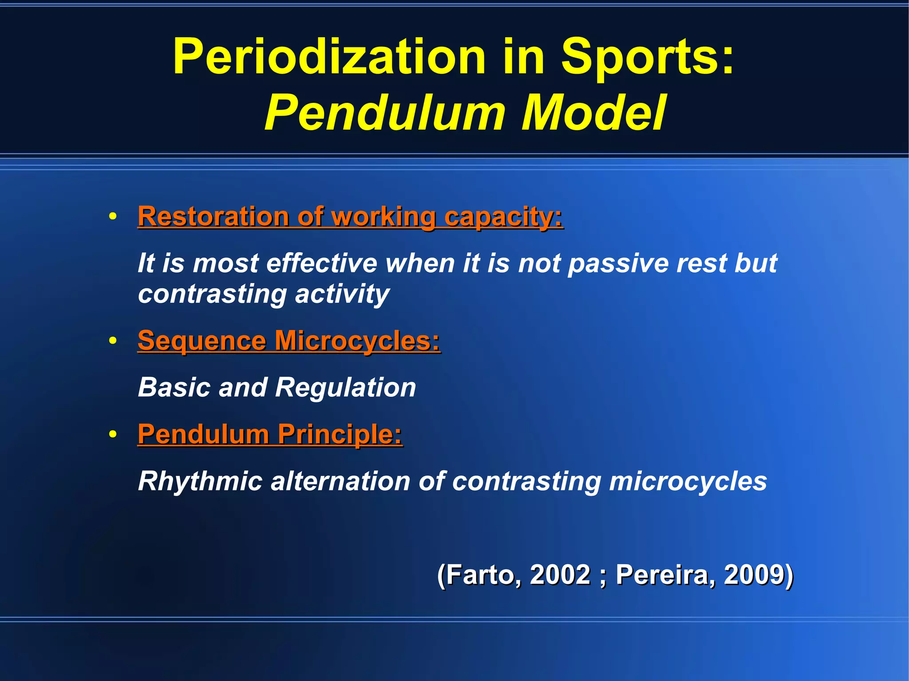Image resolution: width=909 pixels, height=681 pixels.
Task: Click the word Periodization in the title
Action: (329, 57)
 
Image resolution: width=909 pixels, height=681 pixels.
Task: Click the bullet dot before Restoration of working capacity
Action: (113, 217)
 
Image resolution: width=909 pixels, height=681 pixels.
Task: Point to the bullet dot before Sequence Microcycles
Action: (113, 341)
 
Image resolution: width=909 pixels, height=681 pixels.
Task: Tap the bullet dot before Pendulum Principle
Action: (113, 434)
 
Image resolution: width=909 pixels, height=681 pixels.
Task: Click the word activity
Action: (342, 294)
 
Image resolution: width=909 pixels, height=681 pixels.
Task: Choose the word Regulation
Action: (346, 388)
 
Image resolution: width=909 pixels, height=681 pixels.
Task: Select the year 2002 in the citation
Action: (560, 575)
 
